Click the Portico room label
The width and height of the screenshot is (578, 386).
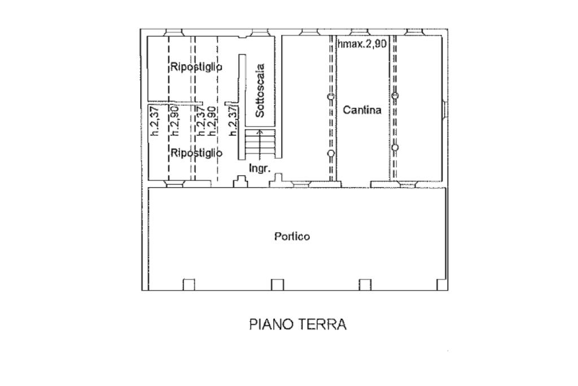292,237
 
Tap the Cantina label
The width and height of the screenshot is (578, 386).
362,110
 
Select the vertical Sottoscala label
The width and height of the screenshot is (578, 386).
260,90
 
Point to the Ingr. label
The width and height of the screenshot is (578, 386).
260,168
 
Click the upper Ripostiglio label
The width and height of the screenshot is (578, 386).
196,67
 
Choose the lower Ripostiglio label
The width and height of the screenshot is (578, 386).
196,153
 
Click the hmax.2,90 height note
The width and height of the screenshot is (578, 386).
362,44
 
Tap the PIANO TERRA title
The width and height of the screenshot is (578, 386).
297,324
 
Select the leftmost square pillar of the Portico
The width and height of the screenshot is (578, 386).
189,285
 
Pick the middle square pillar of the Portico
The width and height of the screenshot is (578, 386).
277,285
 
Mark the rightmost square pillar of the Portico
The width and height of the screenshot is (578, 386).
365,285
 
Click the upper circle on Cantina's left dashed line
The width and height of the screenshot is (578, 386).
331,97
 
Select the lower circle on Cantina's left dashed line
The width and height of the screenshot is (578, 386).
331,153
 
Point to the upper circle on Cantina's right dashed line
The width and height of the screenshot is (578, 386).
395,96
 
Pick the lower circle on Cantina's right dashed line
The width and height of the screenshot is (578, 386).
395,148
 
